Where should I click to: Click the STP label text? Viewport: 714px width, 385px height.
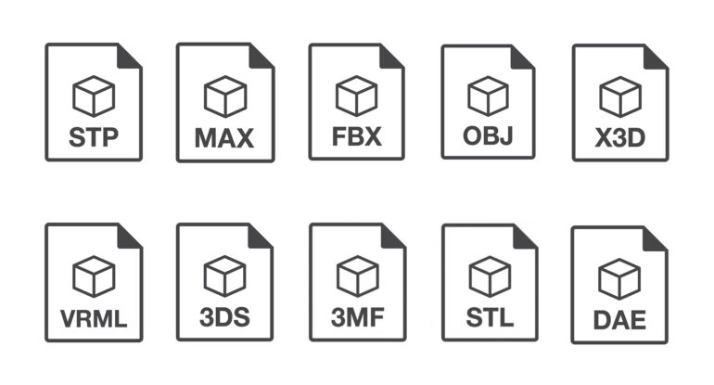point(94,137)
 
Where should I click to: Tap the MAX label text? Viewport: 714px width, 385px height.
point(224,138)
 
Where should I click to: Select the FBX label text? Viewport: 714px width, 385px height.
point(357,136)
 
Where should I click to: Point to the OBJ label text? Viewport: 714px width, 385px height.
point(488,135)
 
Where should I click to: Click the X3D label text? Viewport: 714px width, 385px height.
point(620,137)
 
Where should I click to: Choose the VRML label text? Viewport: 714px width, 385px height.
point(94,318)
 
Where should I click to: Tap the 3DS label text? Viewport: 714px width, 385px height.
point(225,317)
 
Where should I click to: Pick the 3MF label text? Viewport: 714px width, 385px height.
point(357,317)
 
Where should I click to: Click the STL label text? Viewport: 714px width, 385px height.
point(490,317)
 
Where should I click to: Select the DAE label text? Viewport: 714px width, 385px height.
point(619,320)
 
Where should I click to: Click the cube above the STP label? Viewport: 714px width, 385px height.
point(94,96)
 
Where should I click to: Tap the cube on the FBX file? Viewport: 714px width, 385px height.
point(357,96)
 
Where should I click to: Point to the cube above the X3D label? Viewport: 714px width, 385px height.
point(620,96)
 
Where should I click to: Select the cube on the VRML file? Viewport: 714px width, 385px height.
point(94,276)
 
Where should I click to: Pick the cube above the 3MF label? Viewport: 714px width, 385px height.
point(357,276)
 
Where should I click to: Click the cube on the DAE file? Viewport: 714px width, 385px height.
point(619,279)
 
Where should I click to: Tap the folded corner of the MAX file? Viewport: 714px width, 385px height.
point(260,57)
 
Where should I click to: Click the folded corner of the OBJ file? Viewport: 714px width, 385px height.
point(521,58)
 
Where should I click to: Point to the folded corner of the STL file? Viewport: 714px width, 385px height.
point(524,237)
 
